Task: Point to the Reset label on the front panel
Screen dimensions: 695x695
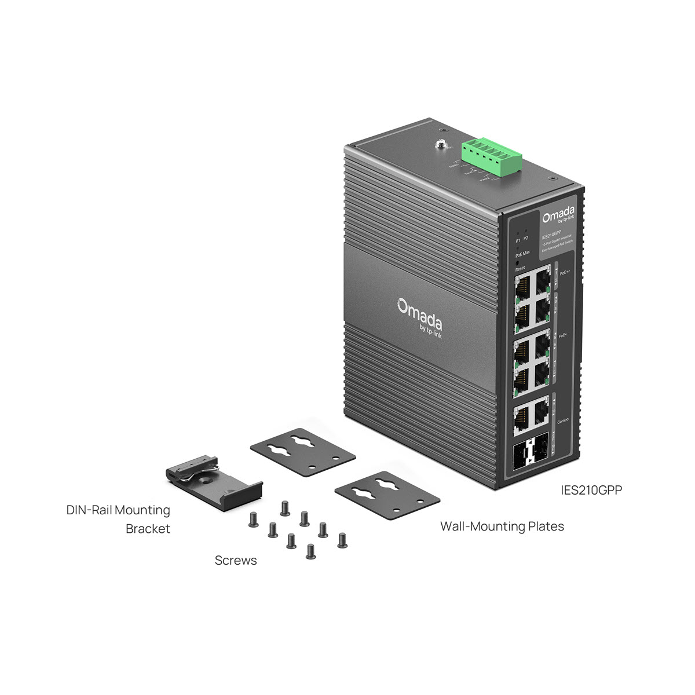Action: pos(520,269)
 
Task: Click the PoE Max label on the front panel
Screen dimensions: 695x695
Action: pos(522,254)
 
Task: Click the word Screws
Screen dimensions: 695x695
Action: pos(236,561)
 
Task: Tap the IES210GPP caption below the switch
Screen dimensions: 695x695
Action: pos(592,489)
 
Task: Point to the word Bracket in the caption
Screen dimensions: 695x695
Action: pos(148,529)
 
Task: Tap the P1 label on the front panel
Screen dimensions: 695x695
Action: pos(518,239)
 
